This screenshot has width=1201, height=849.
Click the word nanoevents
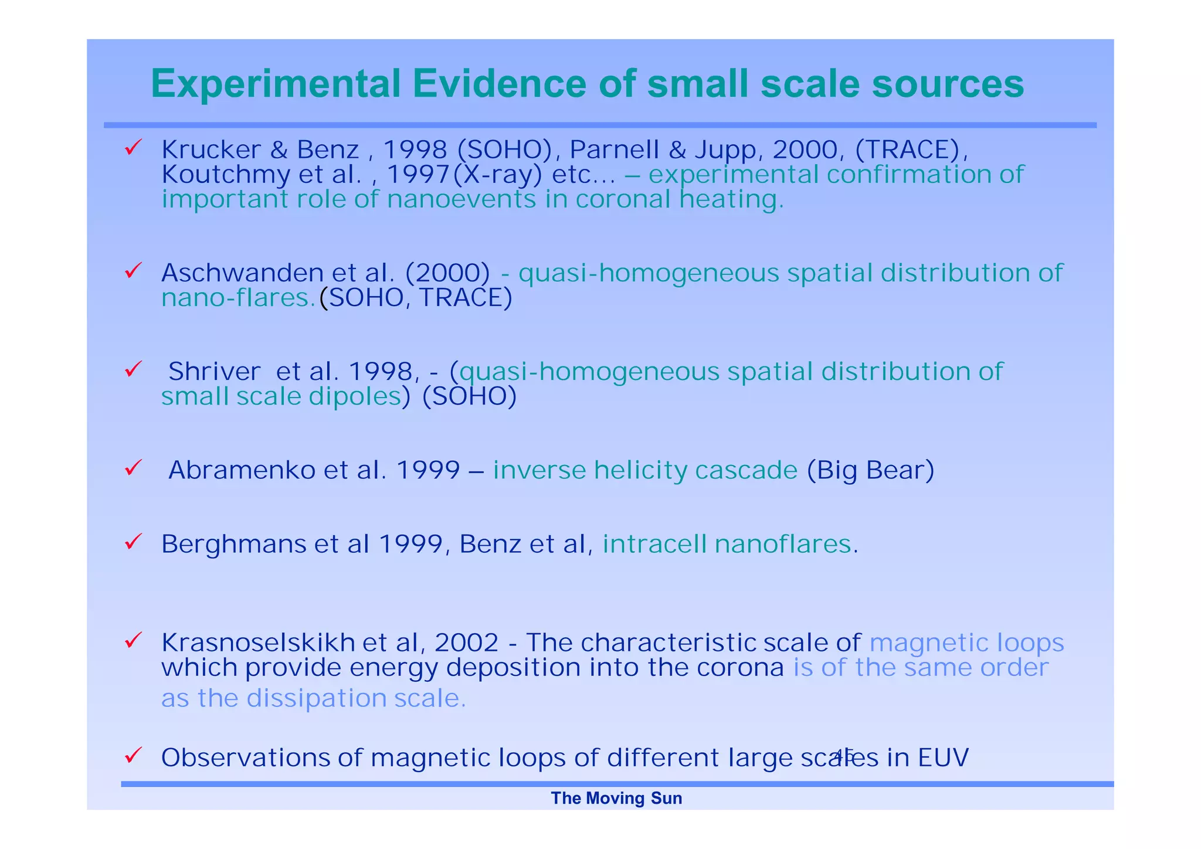(x=461, y=199)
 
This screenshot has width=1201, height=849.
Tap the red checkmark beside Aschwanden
(x=133, y=270)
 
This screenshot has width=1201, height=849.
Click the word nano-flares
(x=238, y=298)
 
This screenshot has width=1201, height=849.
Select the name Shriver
(x=214, y=372)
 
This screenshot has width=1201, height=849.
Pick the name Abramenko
(x=242, y=470)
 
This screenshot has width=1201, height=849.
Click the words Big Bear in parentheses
(x=870, y=470)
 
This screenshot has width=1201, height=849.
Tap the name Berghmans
(x=233, y=545)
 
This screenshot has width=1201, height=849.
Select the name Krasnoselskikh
(x=258, y=643)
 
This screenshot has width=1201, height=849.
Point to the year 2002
(x=466, y=643)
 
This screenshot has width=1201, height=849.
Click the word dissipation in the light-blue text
(x=315, y=698)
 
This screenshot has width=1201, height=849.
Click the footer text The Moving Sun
(x=616, y=799)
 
